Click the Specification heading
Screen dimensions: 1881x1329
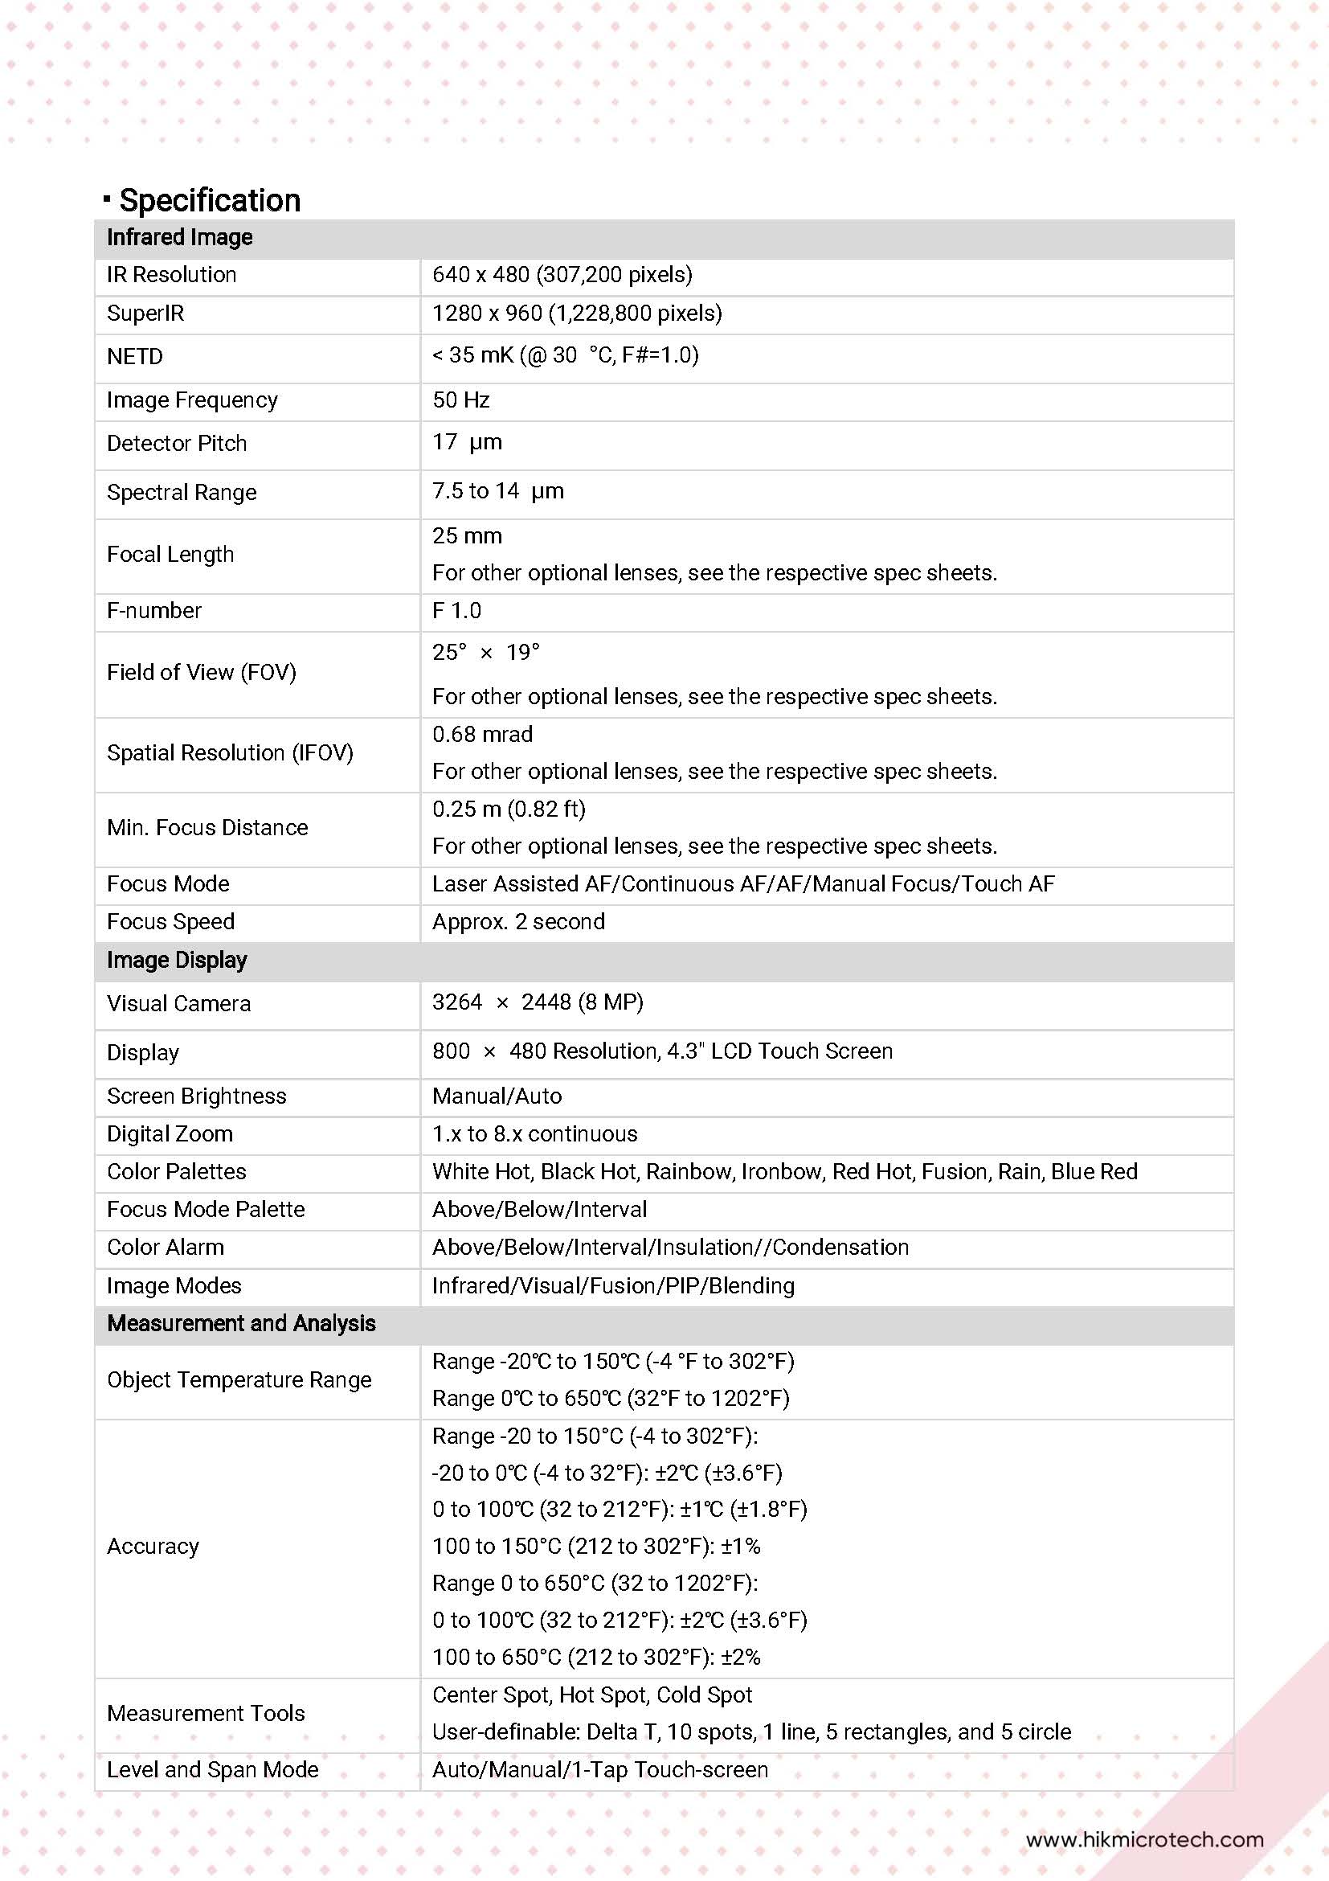210,200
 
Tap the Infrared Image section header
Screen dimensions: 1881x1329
179,238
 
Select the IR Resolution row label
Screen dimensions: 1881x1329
171,274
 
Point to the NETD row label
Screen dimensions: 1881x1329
135,356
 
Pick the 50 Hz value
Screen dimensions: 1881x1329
461,400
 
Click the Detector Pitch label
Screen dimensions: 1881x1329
177,443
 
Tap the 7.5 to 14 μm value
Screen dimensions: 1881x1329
498,490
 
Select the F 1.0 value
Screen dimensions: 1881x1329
457,610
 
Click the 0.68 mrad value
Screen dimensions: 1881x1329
482,734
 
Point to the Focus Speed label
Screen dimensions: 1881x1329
170,922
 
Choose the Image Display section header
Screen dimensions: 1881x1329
177,960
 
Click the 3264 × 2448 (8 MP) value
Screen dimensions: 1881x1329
538,1002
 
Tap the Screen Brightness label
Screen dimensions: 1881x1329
197,1096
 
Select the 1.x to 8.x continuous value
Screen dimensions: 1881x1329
534,1134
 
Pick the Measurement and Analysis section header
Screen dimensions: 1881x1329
242,1323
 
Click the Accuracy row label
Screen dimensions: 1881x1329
153,1546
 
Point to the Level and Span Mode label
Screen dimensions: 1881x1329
213,1769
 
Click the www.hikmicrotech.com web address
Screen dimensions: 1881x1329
1144,1839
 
